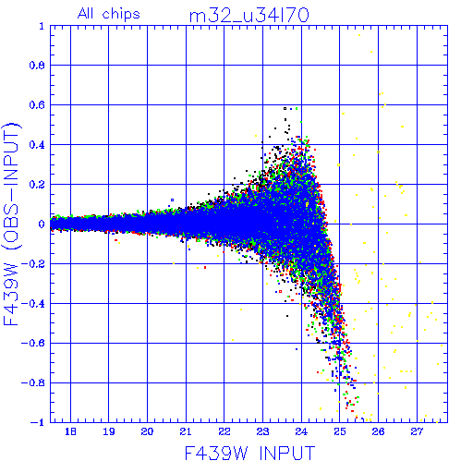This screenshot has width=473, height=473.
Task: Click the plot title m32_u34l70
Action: point(249,16)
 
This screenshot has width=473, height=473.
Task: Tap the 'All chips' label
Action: point(109,14)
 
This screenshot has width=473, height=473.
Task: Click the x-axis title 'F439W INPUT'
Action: point(249,453)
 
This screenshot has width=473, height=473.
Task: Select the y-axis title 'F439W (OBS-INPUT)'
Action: point(11,224)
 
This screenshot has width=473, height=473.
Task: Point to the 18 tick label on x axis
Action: point(70,431)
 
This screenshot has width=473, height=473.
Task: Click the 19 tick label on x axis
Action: point(109,431)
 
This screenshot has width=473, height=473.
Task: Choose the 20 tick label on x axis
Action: point(147,431)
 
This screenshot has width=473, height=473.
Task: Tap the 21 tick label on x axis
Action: point(186,431)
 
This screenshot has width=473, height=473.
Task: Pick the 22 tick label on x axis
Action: point(224,431)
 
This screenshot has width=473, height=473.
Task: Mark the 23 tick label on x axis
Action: point(262,431)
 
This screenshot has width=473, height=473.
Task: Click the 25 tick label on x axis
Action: point(340,431)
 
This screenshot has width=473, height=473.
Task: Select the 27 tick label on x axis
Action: point(417,431)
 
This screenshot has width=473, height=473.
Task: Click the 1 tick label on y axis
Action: point(42,26)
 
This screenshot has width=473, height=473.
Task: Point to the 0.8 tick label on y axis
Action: point(37,66)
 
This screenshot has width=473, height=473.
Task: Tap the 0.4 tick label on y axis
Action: point(37,145)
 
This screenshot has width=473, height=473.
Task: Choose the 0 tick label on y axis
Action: point(42,224)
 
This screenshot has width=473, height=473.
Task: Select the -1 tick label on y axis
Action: point(37,422)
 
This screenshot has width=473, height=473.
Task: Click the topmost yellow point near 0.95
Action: point(359,35)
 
